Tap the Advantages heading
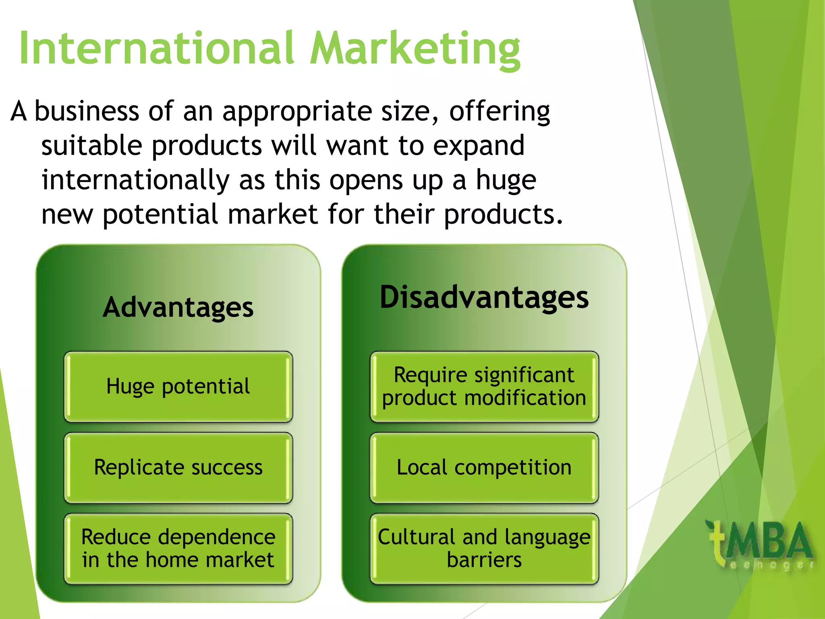point(178,308)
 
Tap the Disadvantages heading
point(484,297)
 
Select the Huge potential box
point(178,387)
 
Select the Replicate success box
point(178,468)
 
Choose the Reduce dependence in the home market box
point(178,548)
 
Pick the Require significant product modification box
point(484,387)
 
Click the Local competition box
point(484,468)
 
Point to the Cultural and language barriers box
point(484,548)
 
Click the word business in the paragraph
point(87,112)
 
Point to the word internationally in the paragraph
point(135,180)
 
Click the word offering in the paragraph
point(500,112)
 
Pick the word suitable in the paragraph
point(92,146)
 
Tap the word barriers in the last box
point(484,560)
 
